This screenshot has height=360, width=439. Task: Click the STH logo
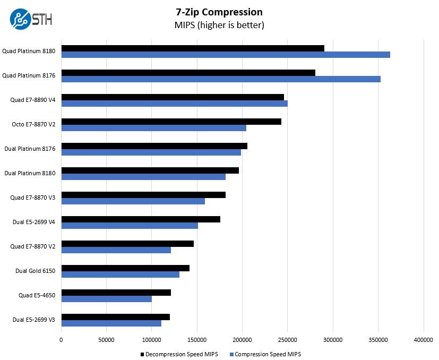31,20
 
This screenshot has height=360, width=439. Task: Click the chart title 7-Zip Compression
219,12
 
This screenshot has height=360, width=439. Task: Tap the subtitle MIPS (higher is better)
219,25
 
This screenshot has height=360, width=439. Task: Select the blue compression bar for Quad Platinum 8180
226,55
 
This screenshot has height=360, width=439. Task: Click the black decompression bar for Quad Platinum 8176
188,73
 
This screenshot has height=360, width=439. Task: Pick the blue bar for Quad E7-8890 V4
175,104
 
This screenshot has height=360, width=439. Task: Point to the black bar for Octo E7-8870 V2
171,122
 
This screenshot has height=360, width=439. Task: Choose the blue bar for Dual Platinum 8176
151,152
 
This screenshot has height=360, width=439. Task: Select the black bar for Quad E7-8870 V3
143,195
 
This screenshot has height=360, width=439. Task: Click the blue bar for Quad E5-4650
107,299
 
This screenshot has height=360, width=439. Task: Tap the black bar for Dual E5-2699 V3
116,317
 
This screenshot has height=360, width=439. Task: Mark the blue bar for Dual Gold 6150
120,275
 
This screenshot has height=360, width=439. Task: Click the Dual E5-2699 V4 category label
34,222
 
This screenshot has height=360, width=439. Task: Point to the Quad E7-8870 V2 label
33,246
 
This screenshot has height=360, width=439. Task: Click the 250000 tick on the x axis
288,339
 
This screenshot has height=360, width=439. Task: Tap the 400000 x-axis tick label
423,339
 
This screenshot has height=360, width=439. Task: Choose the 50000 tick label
107,339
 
